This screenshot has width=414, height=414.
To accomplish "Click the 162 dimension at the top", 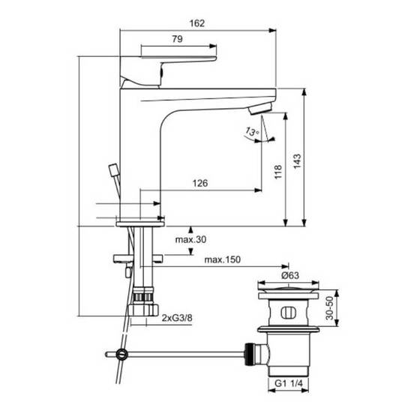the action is pos(197,23).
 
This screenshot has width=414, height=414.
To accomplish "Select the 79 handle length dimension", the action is pos(177,39).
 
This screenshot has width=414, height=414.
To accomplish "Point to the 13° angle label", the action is pos(252,131).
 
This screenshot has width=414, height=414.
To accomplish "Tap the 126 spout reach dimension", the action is pos(200,183).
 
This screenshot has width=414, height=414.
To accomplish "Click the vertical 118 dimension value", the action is pos(278,172).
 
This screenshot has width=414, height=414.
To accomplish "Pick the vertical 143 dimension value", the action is pos(297,160).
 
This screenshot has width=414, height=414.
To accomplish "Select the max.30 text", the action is pos(190,240).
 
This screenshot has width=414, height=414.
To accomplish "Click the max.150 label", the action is pos(223,259).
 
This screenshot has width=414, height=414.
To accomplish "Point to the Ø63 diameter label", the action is pos(290,275).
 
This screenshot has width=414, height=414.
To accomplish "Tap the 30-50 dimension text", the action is pos(329,308).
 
